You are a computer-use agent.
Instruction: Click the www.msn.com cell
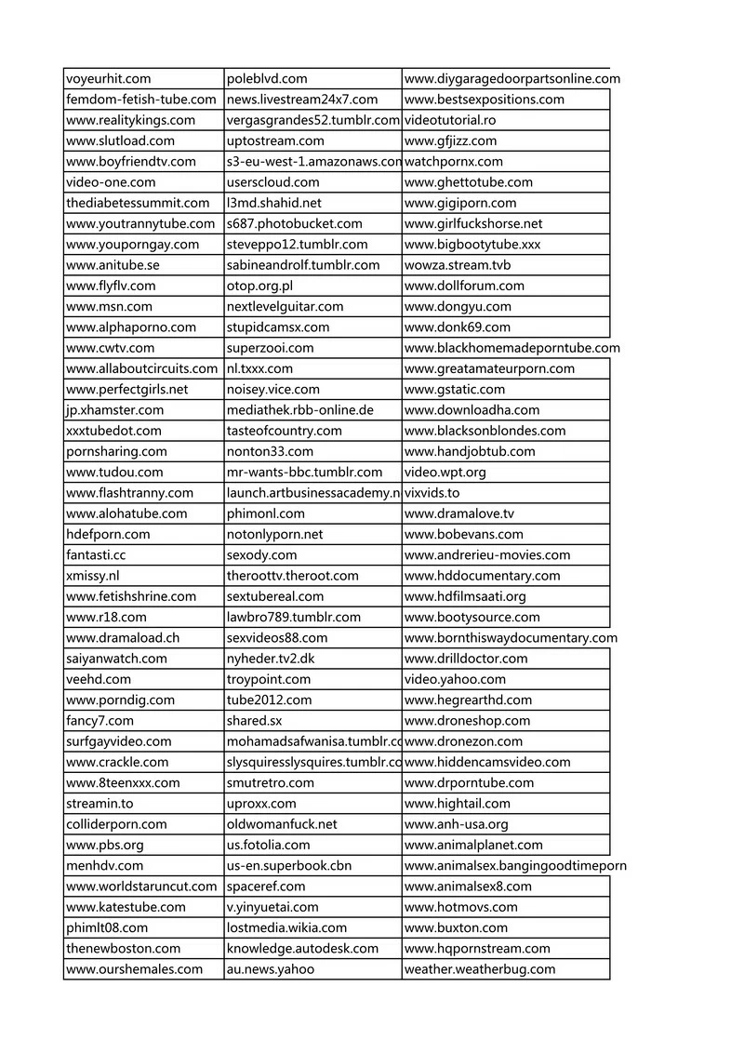tap(109, 306)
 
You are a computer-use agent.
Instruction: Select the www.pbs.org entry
tap(105, 845)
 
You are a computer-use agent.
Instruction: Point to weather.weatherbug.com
tap(480, 969)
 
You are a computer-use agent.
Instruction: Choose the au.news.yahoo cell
tap(271, 969)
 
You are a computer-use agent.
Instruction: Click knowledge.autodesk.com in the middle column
tap(302, 948)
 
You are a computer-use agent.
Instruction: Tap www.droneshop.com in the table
tap(468, 721)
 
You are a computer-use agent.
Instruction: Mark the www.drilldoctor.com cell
tap(466, 659)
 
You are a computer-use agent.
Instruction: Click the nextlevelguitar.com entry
tap(285, 306)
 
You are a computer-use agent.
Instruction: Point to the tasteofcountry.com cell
tap(284, 431)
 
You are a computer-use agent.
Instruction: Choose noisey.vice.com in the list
tap(272, 389)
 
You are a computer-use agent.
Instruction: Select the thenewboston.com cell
tap(124, 948)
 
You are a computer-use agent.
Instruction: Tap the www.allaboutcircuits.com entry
tap(141, 368)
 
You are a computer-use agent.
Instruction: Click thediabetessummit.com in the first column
tap(138, 203)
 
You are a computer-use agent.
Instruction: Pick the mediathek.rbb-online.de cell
tap(299, 409)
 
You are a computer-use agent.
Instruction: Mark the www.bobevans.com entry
tap(464, 534)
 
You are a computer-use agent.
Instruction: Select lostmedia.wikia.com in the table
tap(286, 927)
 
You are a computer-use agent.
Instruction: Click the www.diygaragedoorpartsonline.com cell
tap(511, 79)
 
